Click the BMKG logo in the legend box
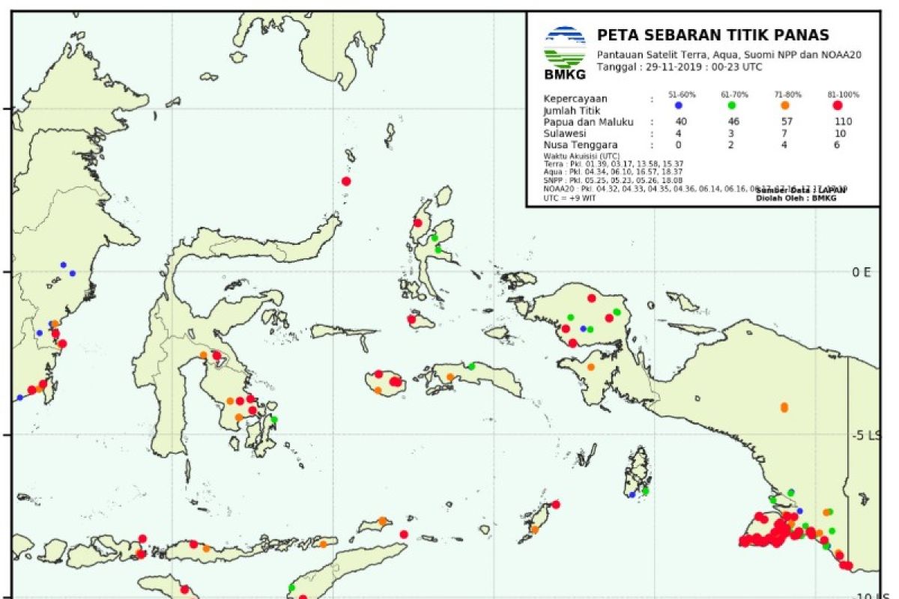(565, 52)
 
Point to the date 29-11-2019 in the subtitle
(676, 67)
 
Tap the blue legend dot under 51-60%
(678, 106)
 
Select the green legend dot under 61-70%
(730, 106)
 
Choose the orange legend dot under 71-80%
(784, 106)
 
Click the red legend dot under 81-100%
(838, 106)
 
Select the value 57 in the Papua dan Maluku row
(785, 122)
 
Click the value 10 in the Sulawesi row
(841, 134)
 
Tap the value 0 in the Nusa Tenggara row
(679, 146)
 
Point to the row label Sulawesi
(566, 134)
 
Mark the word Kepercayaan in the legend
(575, 99)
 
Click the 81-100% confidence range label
(844, 95)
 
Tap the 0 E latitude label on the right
(861, 272)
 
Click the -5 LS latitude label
(868, 436)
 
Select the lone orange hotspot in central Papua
(784, 407)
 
